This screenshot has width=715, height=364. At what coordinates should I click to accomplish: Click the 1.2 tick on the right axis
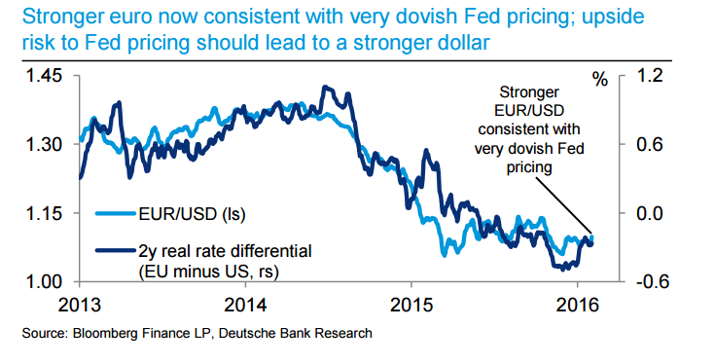pyautogui.click(x=649, y=76)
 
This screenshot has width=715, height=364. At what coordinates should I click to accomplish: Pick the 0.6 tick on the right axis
pyautogui.click(x=649, y=144)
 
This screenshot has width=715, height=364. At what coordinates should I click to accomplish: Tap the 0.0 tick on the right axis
pyautogui.click(x=649, y=213)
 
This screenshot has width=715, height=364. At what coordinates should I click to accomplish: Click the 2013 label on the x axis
pyautogui.click(x=80, y=303)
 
